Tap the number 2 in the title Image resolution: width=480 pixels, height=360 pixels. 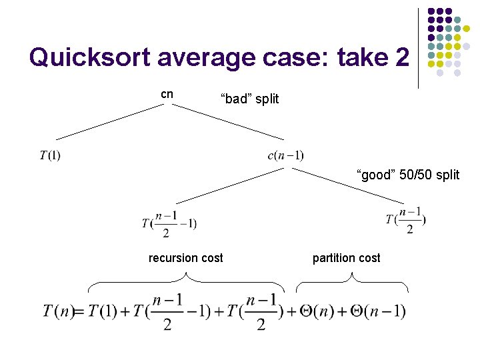coord(399,59)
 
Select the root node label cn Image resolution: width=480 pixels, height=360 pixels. coord(167,94)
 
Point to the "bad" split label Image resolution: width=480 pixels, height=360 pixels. coord(249,99)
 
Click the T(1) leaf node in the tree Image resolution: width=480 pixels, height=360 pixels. coord(50,156)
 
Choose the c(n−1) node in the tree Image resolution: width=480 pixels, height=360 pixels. coord(285,156)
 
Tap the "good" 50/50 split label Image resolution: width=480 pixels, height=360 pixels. coord(408,175)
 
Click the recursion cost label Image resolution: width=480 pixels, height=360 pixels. coord(185,258)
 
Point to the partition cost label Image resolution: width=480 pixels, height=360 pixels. coord(346,258)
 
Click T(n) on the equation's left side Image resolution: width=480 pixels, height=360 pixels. coord(58,311)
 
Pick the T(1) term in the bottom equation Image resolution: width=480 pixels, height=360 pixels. coord(103,311)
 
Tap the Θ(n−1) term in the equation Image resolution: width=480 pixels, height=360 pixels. coord(375,311)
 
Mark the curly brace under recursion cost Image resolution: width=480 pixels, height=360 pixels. coord(187,285)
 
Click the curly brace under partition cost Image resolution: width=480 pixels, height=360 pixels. coord(352,285)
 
